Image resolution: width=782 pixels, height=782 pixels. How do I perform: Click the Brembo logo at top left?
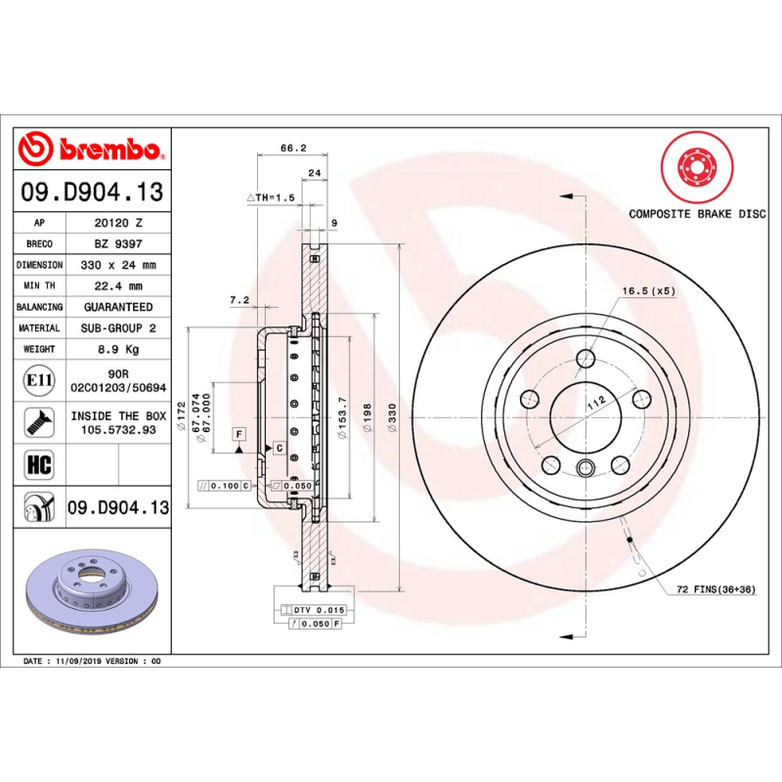pos(91,149)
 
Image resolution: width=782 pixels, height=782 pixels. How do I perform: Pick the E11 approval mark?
pos(40,379)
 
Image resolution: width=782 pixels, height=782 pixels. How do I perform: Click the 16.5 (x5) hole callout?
pos(648,291)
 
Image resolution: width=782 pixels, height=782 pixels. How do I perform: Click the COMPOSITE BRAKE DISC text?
pos(697,213)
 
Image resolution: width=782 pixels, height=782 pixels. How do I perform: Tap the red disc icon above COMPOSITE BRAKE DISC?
pos(697,166)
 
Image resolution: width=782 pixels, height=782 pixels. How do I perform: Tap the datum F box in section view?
pos(238,432)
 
